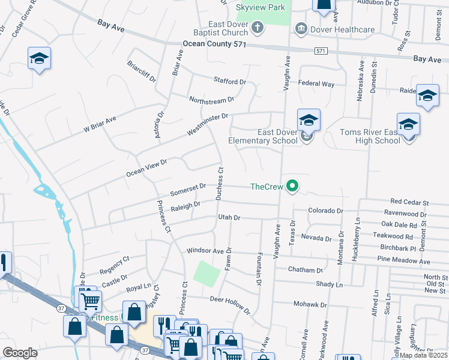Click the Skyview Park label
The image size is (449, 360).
(261, 7)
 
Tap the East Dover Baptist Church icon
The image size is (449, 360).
(258, 27)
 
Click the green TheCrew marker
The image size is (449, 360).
(292, 187)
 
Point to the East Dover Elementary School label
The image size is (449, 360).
(263, 136)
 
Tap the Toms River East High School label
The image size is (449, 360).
(370, 136)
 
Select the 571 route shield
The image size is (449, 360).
(321, 52)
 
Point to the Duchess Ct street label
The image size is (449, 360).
(220, 184)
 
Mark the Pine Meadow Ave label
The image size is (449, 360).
(403, 261)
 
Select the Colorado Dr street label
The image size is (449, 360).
(325, 211)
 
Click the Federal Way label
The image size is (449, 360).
(316, 84)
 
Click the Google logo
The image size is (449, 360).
(20, 353)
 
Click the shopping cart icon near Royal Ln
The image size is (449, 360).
(89, 299)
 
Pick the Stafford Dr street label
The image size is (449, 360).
(230, 80)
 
